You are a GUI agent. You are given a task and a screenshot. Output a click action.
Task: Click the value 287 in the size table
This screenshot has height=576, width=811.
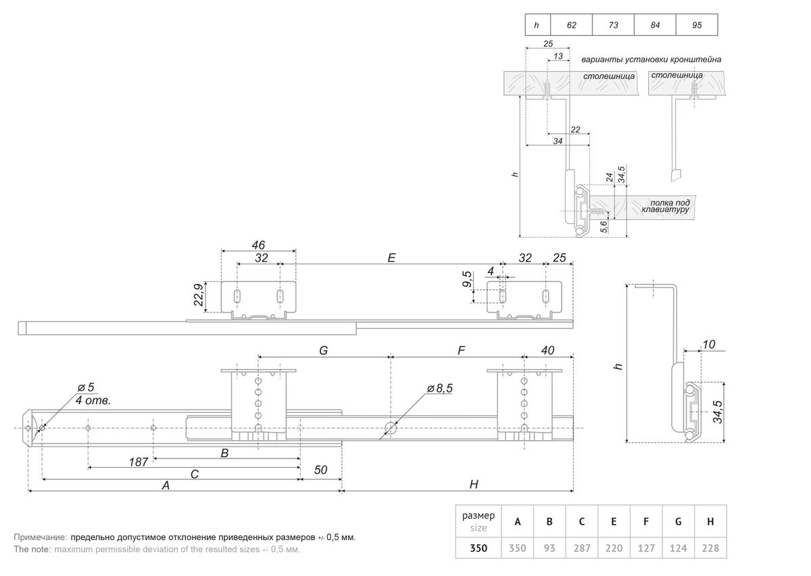pos(581,548)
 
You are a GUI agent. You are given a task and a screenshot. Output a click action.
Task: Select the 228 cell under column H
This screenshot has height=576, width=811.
pos(710,548)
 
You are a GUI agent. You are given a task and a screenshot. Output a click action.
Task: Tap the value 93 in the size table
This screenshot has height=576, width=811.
pos(549,548)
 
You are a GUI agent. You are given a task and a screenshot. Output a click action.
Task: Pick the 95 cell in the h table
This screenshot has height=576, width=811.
pos(697,25)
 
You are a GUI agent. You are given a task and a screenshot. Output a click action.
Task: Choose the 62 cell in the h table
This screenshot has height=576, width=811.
pos(572,25)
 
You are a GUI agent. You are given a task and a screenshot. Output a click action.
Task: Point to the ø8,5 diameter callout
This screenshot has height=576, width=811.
pos(440,389)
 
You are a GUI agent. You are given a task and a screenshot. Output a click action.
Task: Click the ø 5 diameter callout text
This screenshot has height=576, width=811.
pos(86,387)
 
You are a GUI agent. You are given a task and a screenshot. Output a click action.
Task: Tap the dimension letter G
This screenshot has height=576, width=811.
pos(323,351)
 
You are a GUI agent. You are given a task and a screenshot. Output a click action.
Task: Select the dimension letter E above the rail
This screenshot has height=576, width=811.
pos(391,258)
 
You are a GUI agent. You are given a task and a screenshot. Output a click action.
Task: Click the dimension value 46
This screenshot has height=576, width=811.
pos(257,245)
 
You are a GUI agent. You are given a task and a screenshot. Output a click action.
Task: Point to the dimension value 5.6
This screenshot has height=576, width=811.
pos(604,227)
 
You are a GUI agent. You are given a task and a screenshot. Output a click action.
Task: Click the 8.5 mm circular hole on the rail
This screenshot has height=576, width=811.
pos(391,428)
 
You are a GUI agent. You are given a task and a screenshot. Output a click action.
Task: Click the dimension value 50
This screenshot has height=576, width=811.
pos(320,470)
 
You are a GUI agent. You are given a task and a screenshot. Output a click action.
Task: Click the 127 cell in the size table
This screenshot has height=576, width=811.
pos(646,548)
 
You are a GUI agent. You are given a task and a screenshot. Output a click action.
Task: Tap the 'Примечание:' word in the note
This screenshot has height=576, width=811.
pos(40,537)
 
